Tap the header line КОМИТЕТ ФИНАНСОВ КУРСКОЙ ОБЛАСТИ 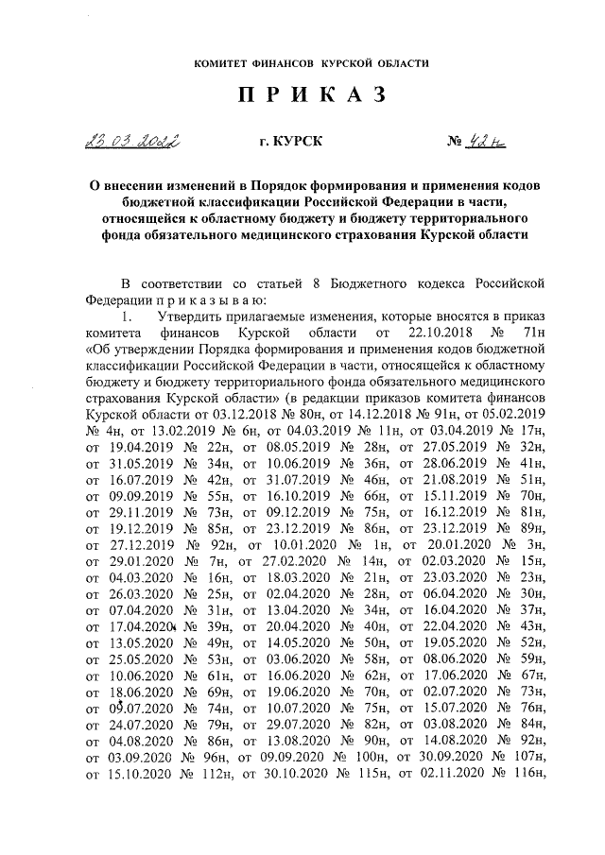point(311,63)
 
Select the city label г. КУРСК point(290,142)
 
